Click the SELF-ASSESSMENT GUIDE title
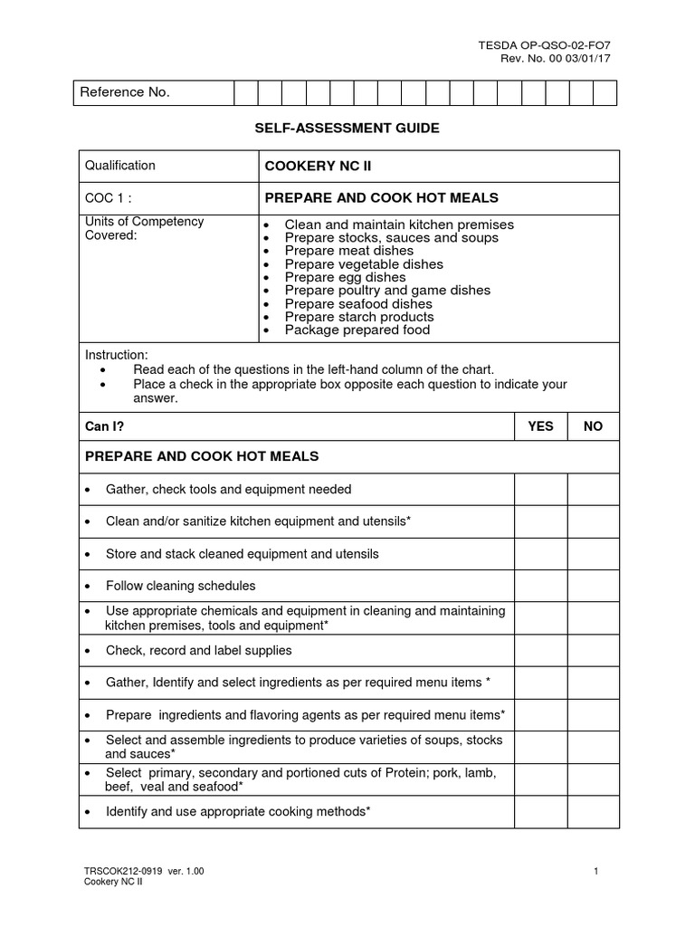(347, 129)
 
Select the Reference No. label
(126, 93)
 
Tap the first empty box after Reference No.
(246, 93)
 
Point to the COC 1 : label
(109, 198)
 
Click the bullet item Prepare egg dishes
(345, 277)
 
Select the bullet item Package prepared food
(357, 330)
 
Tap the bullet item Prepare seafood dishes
(358, 303)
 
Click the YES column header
(540, 425)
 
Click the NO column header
(593, 425)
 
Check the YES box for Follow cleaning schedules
(540, 586)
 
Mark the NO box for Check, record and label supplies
(593, 650)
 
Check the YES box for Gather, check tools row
(540, 489)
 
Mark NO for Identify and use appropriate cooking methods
(593, 811)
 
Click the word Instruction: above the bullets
(116, 354)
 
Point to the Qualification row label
(120, 166)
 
